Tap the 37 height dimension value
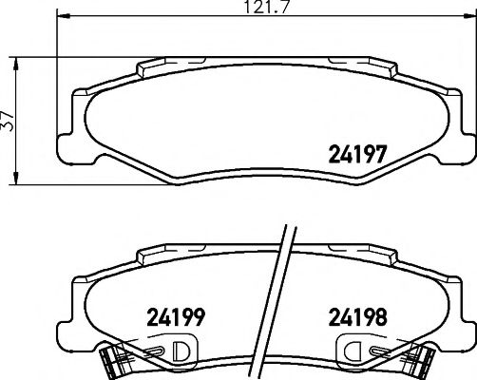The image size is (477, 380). click(9, 121)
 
